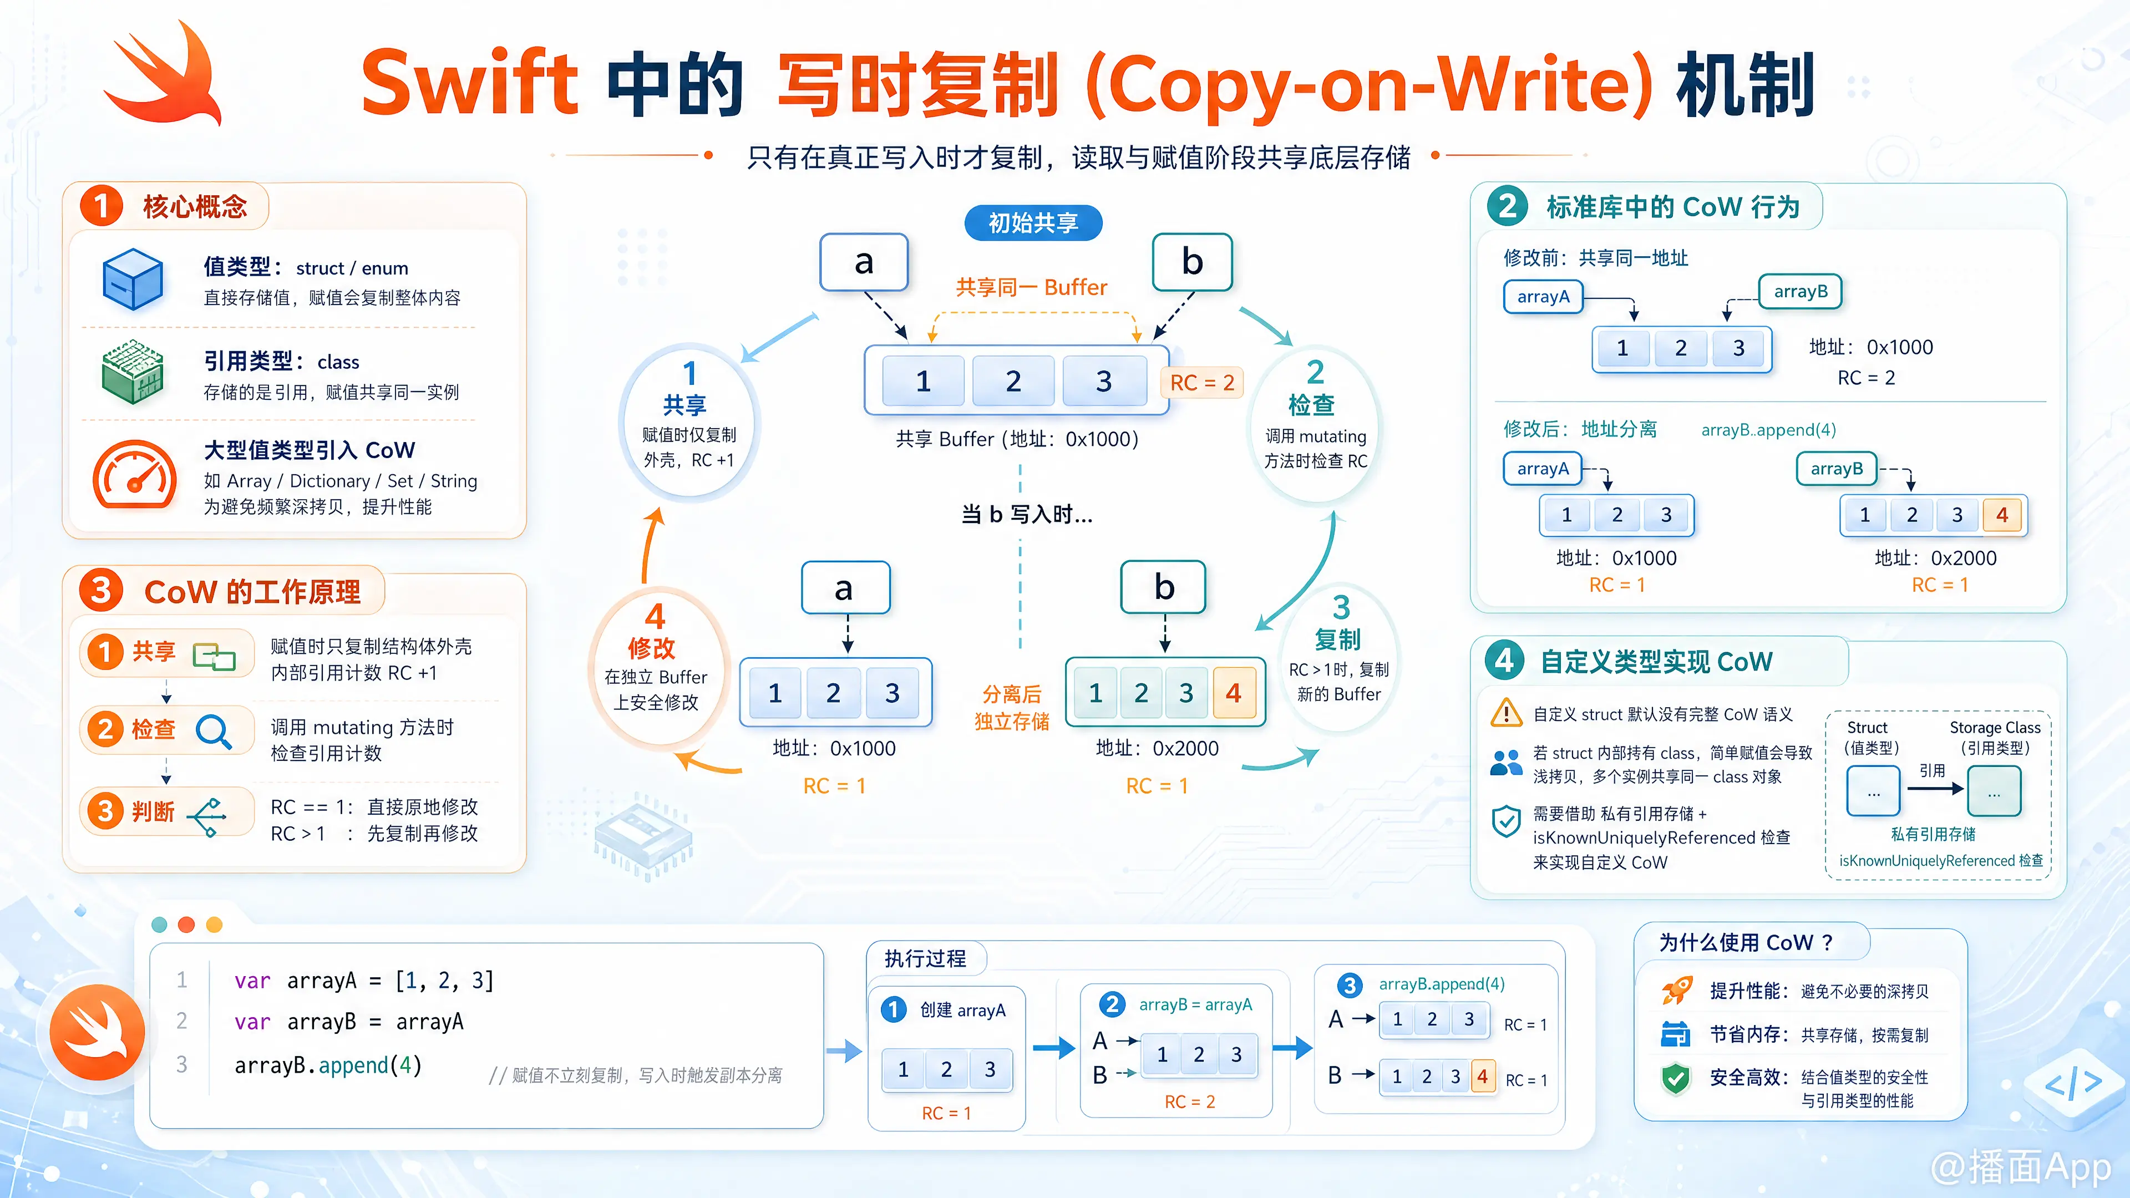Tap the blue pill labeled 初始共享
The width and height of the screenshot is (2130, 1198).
point(1033,222)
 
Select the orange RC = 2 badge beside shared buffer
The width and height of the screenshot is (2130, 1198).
point(1201,383)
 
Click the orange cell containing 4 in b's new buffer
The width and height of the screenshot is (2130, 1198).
point(1234,693)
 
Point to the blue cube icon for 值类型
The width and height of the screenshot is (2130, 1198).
point(133,280)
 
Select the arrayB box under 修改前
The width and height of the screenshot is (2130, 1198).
point(1800,292)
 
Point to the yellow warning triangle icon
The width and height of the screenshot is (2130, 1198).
point(1506,713)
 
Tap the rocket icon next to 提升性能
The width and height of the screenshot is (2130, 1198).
point(1677,989)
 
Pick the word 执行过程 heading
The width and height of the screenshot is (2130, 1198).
point(925,958)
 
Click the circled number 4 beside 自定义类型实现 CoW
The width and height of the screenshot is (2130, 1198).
point(1505,661)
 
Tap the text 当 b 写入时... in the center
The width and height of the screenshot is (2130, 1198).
point(1026,515)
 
